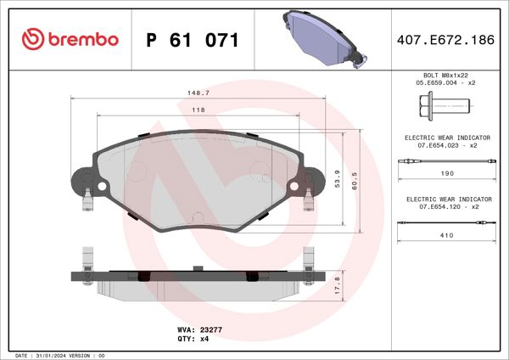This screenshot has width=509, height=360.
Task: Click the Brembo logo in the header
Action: coord(70,40)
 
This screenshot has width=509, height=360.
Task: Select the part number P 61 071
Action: coord(192,40)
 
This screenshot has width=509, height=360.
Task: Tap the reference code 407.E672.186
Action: coord(445,40)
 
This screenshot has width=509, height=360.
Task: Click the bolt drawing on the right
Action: coord(444,106)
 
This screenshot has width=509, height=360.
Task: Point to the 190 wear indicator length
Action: coord(447,172)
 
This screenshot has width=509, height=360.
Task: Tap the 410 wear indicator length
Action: coord(447,235)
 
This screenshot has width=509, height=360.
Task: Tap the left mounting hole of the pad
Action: coord(101,186)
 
